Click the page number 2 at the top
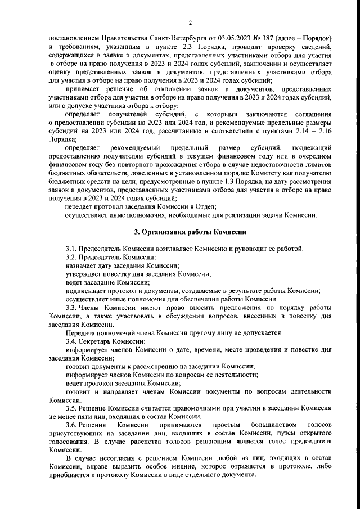(190, 22)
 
